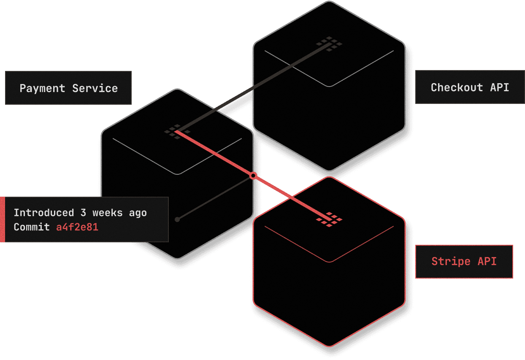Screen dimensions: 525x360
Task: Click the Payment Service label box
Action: click(x=68, y=88)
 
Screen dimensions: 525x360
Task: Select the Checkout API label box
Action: click(x=470, y=87)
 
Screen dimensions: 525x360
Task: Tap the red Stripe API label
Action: click(x=464, y=261)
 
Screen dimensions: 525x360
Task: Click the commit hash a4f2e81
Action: click(x=77, y=227)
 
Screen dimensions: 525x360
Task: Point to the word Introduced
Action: click(x=43, y=213)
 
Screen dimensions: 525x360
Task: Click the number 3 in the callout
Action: click(x=83, y=213)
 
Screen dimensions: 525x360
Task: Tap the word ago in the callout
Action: click(x=138, y=213)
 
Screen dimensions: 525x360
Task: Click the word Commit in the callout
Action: click(x=32, y=227)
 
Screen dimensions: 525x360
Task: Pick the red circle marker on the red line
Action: click(x=253, y=176)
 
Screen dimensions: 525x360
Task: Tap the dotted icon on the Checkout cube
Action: click(x=330, y=44)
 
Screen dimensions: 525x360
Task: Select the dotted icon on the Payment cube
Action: click(x=177, y=131)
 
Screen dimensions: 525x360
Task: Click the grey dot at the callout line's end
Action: click(x=177, y=219)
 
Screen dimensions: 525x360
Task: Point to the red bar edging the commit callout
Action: click(x=2, y=219)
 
